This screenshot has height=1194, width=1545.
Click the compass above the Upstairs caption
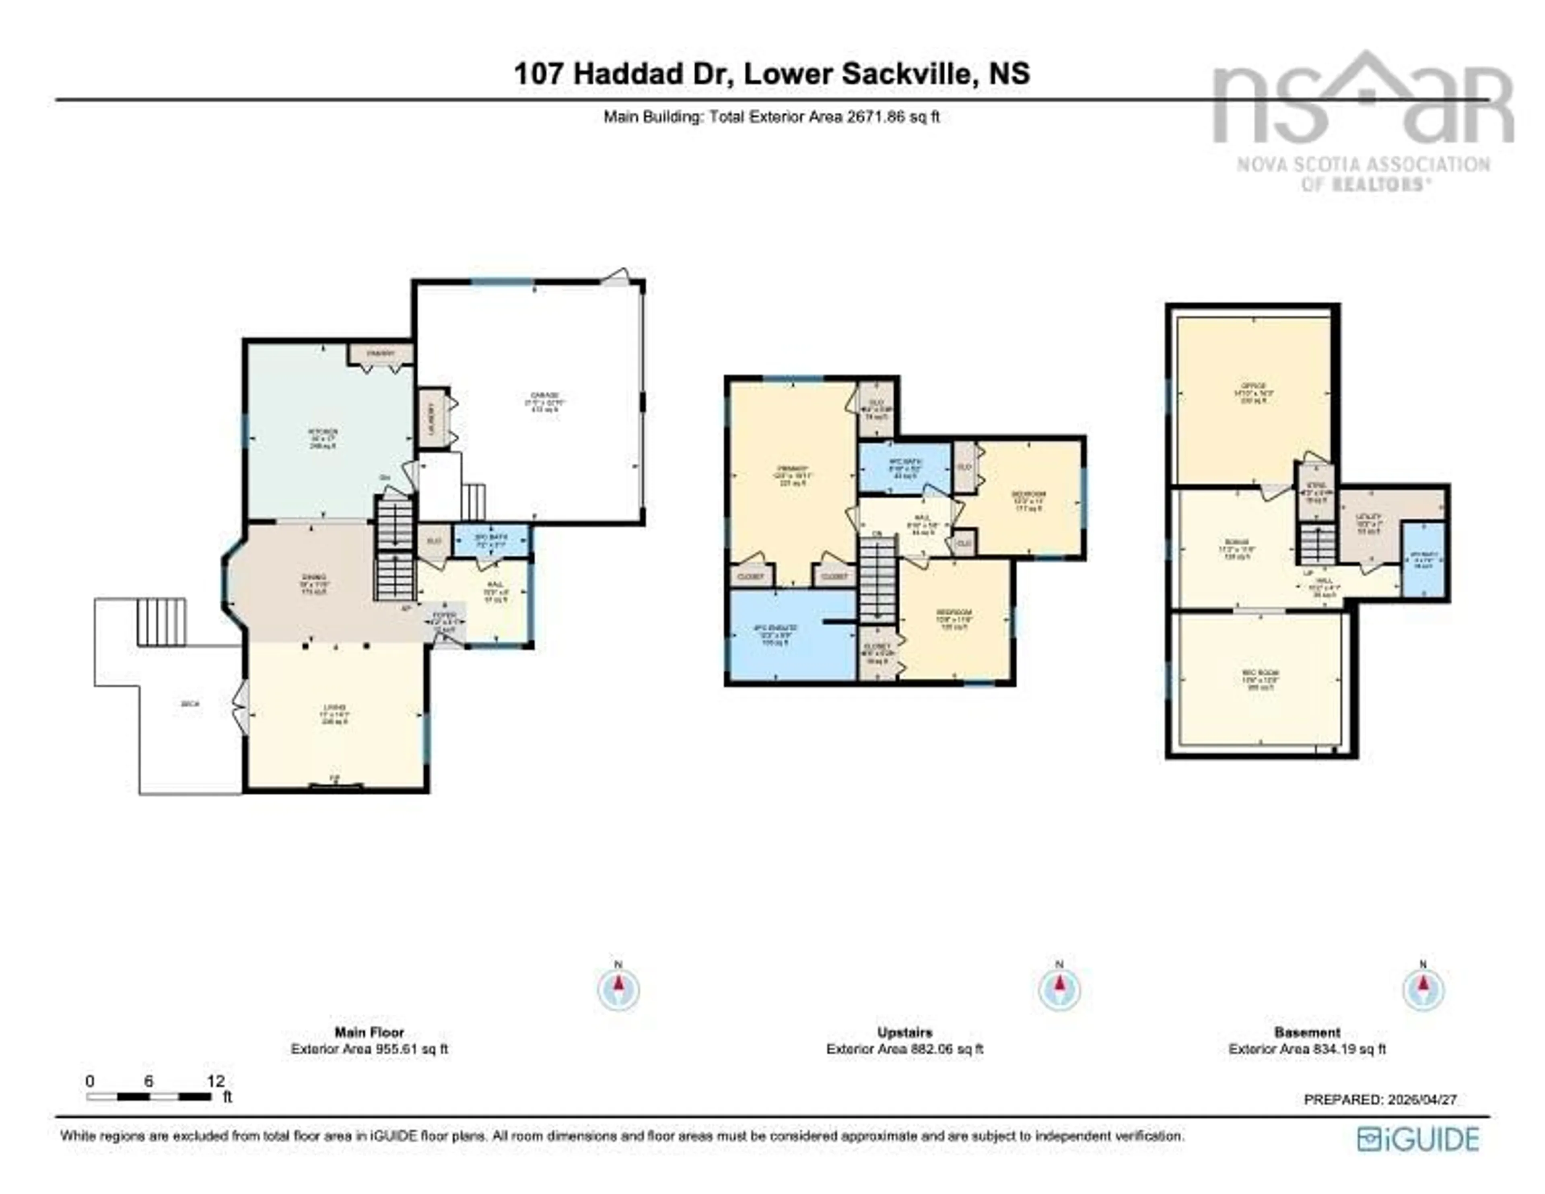coord(1059,989)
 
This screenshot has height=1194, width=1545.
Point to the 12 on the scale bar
coord(215,1081)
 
